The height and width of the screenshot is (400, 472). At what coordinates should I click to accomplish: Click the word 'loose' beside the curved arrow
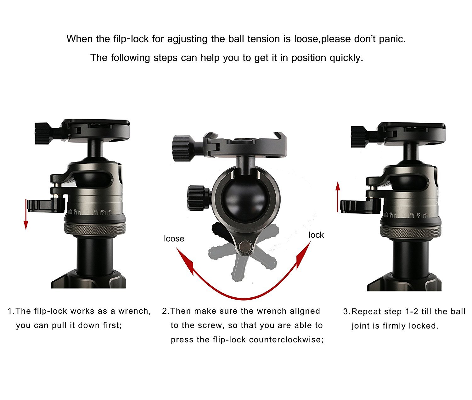tap(174, 239)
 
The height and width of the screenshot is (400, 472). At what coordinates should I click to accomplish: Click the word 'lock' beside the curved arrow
tap(316, 235)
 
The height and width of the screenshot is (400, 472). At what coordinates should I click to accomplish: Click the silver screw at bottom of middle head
tap(245, 247)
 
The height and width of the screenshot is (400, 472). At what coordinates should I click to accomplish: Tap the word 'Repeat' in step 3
tap(366, 312)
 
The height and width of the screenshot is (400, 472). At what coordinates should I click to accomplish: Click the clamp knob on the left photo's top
tap(43, 134)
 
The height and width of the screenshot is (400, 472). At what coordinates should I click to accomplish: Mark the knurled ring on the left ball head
tap(95, 229)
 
